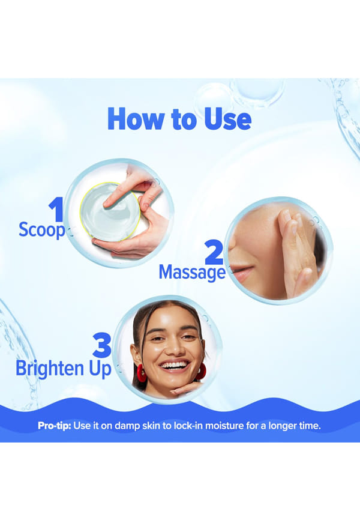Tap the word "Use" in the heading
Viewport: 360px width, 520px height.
pyautogui.click(x=227, y=118)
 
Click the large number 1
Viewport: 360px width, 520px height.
pyautogui.click(x=57, y=209)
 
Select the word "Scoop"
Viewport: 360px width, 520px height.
pyautogui.click(x=42, y=230)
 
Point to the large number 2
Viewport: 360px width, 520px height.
pyautogui.click(x=214, y=252)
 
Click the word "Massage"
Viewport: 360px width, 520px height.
pyautogui.click(x=192, y=273)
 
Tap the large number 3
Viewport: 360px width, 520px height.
pyautogui.click(x=102, y=345)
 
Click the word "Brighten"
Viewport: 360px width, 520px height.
pyautogui.click(x=50, y=369)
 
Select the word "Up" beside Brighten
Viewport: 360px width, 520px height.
pyautogui.click(x=100, y=369)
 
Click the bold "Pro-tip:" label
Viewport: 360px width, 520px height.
pyautogui.click(x=55, y=426)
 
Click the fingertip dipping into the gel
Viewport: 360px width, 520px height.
pyautogui.click(x=107, y=205)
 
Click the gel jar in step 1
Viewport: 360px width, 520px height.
pyautogui.click(x=110, y=211)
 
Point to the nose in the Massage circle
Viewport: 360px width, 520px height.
pyautogui.click(x=236, y=248)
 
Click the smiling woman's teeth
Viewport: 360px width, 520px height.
pyautogui.click(x=174, y=365)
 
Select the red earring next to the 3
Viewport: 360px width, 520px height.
pyautogui.click(x=142, y=373)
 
